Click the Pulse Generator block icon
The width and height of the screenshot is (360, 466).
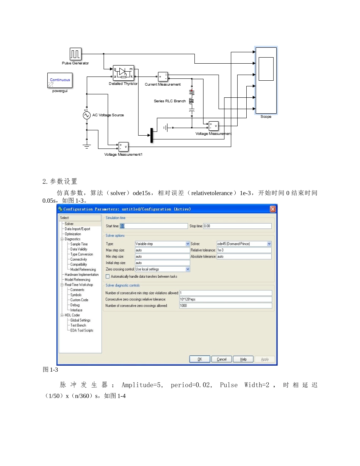(x=75, y=54)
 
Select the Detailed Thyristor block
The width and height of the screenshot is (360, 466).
(x=124, y=73)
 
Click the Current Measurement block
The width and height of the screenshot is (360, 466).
(x=163, y=76)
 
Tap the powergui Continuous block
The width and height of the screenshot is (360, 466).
(x=60, y=80)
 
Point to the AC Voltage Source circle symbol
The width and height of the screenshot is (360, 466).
(x=87, y=115)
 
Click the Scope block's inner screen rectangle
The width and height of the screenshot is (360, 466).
(x=266, y=69)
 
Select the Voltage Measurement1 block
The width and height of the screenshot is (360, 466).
(x=123, y=147)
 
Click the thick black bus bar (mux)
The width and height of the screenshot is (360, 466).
(x=152, y=135)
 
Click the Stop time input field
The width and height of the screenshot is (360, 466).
(x=237, y=226)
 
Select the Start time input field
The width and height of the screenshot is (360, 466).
(x=153, y=226)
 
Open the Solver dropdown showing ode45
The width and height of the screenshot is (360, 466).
(x=244, y=244)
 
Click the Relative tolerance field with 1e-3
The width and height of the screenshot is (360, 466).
(x=244, y=250)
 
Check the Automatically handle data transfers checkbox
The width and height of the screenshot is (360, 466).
(x=108, y=277)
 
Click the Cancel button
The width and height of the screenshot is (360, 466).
(x=222, y=359)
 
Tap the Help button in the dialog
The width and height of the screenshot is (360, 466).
(x=243, y=359)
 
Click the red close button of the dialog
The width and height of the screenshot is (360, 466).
(x=273, y=209)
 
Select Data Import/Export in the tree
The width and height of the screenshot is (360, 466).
(x=77, y=229)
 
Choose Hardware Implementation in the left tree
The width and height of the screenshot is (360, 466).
(x=81, y=275)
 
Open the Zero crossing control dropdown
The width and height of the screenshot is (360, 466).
(x=163, y=269)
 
